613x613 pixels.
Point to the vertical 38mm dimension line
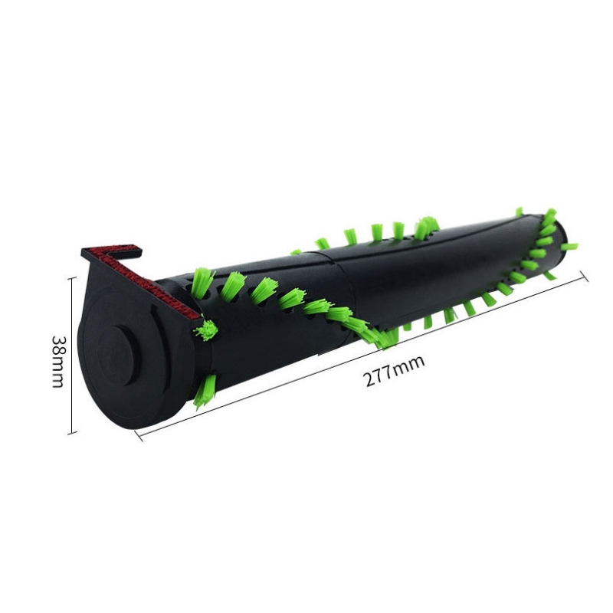(x=71, y=356)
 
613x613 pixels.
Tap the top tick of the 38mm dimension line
(x=71, y=277)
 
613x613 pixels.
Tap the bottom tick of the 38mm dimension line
(x=71, y=433)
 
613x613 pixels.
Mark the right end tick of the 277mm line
(x=585, y=277)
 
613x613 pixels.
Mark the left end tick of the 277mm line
(x=139, y=434)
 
